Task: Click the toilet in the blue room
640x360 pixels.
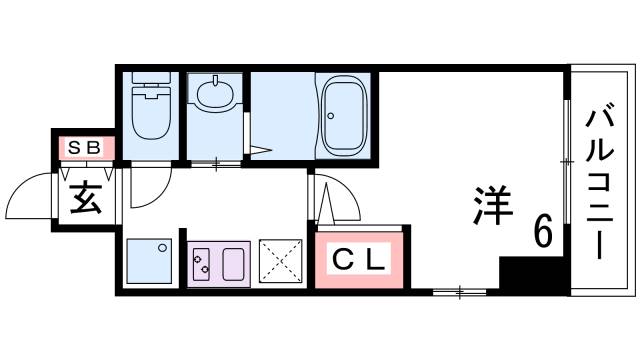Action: [x=152, y=115]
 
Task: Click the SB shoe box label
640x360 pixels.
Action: [x=84, y=148]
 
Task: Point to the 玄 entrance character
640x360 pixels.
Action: [x=86, y=199]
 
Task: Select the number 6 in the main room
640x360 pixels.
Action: [x=543, y=232]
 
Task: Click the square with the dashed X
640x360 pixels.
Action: [x=281, y=262]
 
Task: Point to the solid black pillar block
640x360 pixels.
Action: [x=519, y=274]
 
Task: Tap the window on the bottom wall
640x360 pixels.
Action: [x=460, y=292]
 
